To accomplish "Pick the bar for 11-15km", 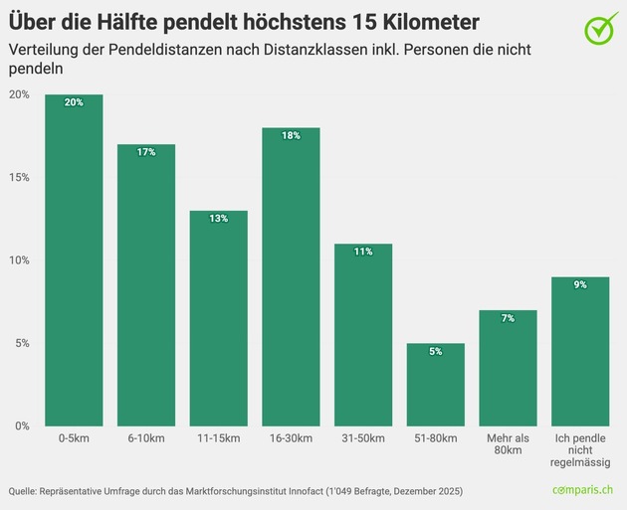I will pyautogui.click(x=218, y=318).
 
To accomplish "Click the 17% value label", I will pyautogui.click(x=146, y=152).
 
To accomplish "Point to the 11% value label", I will pyautogui.click(x=362, y=252).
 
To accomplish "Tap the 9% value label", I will pyautogui.click(x=579, y=284).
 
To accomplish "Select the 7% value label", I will pyautogui.click(x=508, y=318).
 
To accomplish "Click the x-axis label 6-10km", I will pyautogui.click(x=146, y=438).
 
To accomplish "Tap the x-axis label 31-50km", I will pyautogui.click(x=362, y=438).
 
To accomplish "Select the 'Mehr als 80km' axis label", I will pyautogui.click(x=508, y=444).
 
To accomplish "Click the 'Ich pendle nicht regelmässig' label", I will pyautogui.click(x=579, y=450).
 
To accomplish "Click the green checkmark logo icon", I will pyautogui.click(x=599, y=29).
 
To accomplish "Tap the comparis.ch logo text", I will pyautogui.click(x=584, y=491).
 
